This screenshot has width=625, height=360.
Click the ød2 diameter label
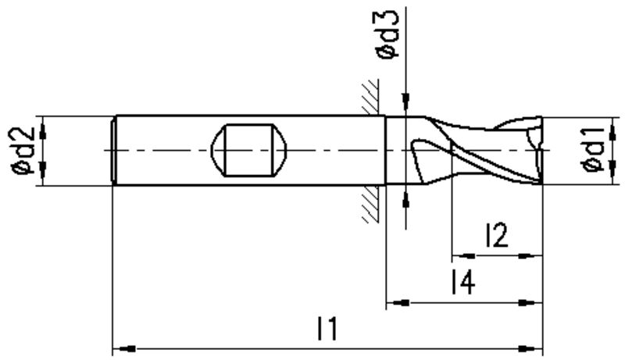click(24, 151)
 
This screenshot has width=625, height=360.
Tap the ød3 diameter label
click(387, 34)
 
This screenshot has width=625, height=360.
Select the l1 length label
click(327, 329)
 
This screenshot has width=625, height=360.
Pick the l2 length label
click(497, 235)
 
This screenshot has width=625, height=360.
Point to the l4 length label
click(462, 282)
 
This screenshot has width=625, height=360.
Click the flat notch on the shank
click(248, 150)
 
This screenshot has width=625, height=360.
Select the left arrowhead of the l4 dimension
click(398, 303)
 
